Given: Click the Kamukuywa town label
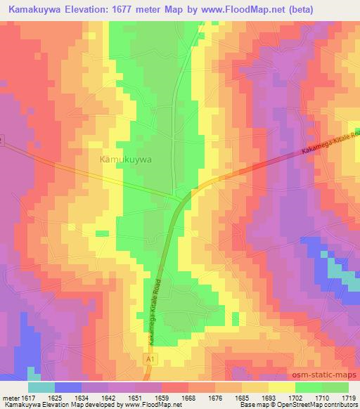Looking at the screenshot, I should click(x=127, y=160).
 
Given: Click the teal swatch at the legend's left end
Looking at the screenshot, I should click(x=41, y=387).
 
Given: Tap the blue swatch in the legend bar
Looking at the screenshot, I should click(x=68, y=387).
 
